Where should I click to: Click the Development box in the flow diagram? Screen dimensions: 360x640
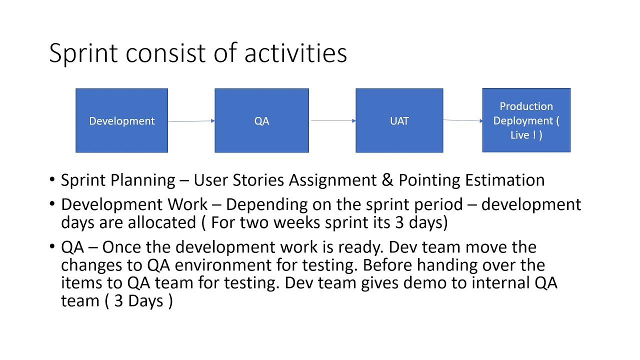pos(121,120)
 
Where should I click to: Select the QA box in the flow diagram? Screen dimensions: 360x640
pos(261,120)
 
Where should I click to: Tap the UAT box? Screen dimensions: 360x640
pos(399,120)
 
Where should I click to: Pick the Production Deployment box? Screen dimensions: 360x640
pos(526,120)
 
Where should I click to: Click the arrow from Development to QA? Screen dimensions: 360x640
pos(191,121)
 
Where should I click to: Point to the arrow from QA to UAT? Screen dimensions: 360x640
pos(332,120)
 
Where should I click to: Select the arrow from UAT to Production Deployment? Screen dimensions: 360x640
pos(462,120)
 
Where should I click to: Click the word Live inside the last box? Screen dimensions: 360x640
pos(520,135)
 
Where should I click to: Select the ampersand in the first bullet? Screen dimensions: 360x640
pos(387,180)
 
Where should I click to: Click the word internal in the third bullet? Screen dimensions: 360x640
pos(495,283)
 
